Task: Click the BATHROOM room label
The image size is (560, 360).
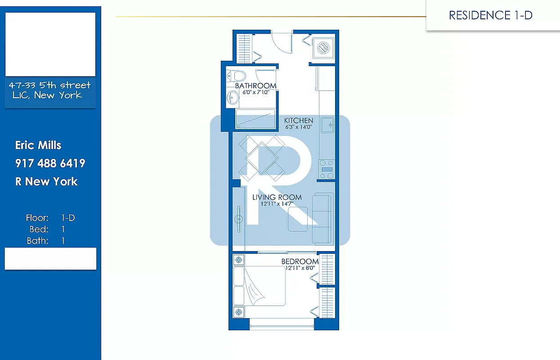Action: [x=255, y=86]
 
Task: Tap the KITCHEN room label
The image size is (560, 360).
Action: [x=299, y=121]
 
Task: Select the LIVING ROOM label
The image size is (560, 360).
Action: [x=277, y=197]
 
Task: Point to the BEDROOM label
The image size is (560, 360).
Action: [x=300, y=261]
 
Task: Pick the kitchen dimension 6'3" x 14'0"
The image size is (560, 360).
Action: [x=299, y=127]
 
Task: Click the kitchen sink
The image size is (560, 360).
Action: [x=327, y=124]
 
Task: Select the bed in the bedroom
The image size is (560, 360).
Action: [x=260, y=286]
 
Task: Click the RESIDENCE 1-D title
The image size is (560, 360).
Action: [x=490, y=15]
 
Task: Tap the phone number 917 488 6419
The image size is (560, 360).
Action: [x=50, y=163]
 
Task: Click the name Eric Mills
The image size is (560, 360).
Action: [x=38, y=145]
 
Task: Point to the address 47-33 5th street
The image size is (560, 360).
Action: [x=50, y=85]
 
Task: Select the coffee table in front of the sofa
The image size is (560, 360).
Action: [x=298, y=219]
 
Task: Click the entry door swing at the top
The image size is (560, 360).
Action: [x=282, y=43]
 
